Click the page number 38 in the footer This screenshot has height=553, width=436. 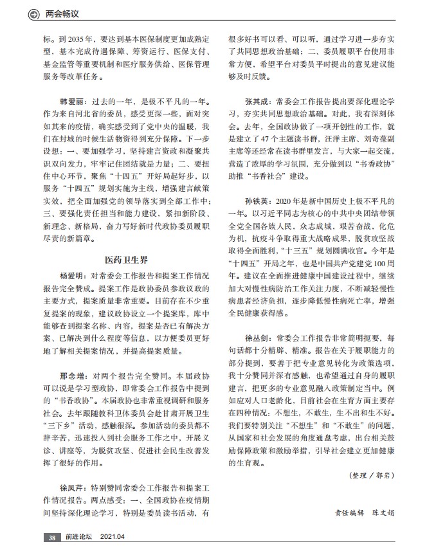(51, 538)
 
